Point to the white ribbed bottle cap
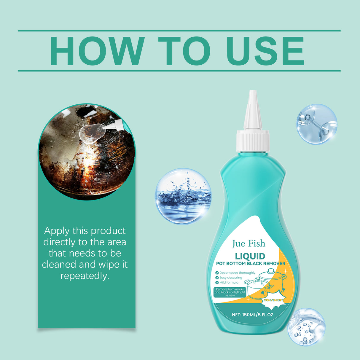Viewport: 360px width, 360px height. (253, 141)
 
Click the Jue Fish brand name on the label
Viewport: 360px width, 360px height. (249, 244)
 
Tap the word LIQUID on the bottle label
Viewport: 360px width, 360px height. (250, 256)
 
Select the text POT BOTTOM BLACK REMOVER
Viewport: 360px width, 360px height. (251, 263)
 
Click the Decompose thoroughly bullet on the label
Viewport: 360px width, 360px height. (237, 273)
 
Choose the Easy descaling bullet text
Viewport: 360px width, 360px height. (230, 278)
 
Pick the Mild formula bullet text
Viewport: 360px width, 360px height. (229, 283)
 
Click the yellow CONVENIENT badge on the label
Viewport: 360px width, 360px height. (273, 300)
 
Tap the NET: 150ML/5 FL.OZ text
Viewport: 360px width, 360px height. (252, 315)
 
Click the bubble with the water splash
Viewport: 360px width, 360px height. (183, 196)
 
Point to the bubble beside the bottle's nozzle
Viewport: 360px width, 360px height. (317, 124)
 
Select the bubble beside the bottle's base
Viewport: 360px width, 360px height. (306, 327)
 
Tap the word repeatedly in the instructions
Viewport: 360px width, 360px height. (85, 276)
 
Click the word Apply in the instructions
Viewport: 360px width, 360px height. (57, 231)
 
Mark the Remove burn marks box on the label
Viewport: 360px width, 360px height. (230, 292)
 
